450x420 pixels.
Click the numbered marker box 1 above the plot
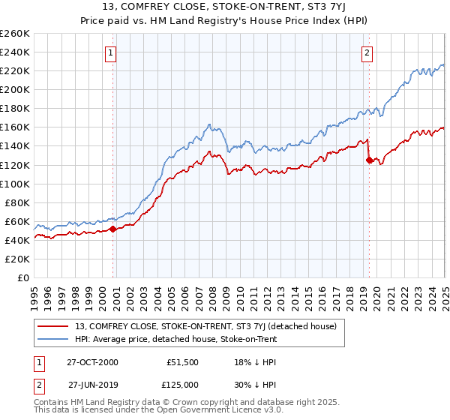point(110,52)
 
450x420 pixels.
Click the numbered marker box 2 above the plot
point(367,52)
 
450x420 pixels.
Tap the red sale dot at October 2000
point(113,229)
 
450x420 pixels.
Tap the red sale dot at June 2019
point(369,160)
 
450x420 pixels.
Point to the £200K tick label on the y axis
point(15,89)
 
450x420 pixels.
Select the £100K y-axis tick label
point(15,184)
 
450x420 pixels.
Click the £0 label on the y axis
point(22,277)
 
